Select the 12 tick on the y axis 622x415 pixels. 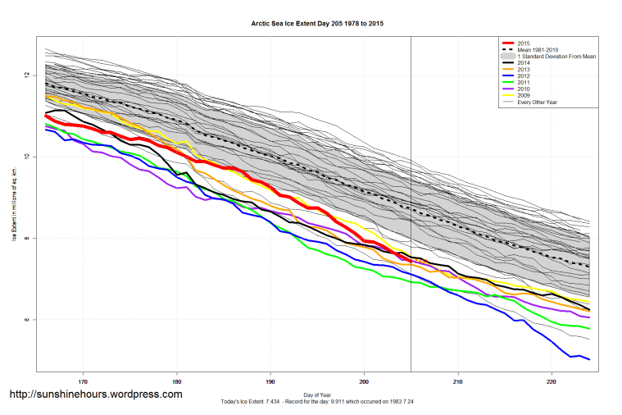coord(27,75)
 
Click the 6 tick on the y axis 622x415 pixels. coord(27,320)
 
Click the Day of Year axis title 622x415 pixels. coord(317,394)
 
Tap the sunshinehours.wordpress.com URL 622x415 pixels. coord(96,394)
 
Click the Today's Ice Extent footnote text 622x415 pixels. coord(317,402)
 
